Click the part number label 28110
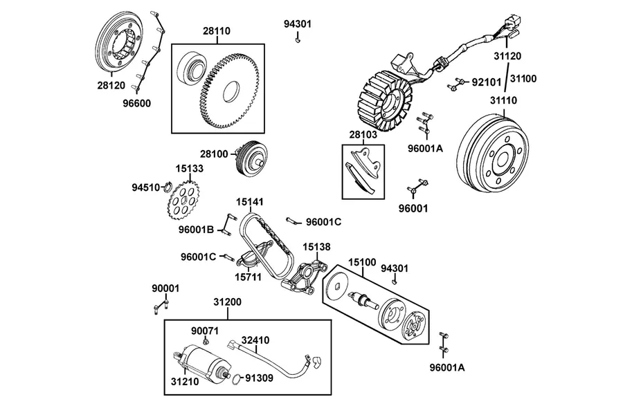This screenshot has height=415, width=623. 217,31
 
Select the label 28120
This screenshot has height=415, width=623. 111,85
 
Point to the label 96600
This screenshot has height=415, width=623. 136,104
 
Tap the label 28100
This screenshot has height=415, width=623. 214,154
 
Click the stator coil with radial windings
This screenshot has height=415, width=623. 383,100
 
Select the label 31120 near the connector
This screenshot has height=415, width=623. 507,56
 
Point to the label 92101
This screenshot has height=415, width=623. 487,82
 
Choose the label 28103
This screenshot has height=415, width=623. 363,135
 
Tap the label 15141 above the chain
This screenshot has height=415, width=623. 250,202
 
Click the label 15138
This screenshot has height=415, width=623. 316,247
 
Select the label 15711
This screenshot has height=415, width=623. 249,277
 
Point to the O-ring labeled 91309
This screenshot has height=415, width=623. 236,379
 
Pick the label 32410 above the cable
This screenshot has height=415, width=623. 255,340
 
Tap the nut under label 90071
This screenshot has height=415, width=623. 206,341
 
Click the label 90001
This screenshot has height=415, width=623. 165,288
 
